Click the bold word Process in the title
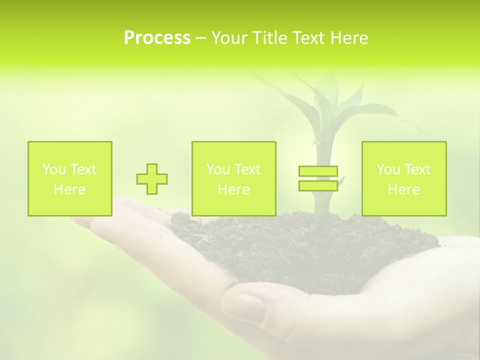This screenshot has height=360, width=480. coord(157,38)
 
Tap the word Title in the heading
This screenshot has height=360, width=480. coord(270,38)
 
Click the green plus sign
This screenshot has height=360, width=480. coord(152,178)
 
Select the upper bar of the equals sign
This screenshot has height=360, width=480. coord(318,171)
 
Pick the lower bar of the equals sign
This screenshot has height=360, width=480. coord(318,185)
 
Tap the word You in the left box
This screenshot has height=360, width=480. coord(53,169)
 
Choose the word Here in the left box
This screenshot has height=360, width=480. coord(69,189)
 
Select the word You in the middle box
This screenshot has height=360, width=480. coord(217,169)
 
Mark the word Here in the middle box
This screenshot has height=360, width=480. coord(233,189)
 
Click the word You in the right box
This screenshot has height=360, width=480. coord(387,169)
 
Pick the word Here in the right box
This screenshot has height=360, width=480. coord(403,189)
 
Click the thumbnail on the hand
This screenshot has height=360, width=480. coord(245,306)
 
